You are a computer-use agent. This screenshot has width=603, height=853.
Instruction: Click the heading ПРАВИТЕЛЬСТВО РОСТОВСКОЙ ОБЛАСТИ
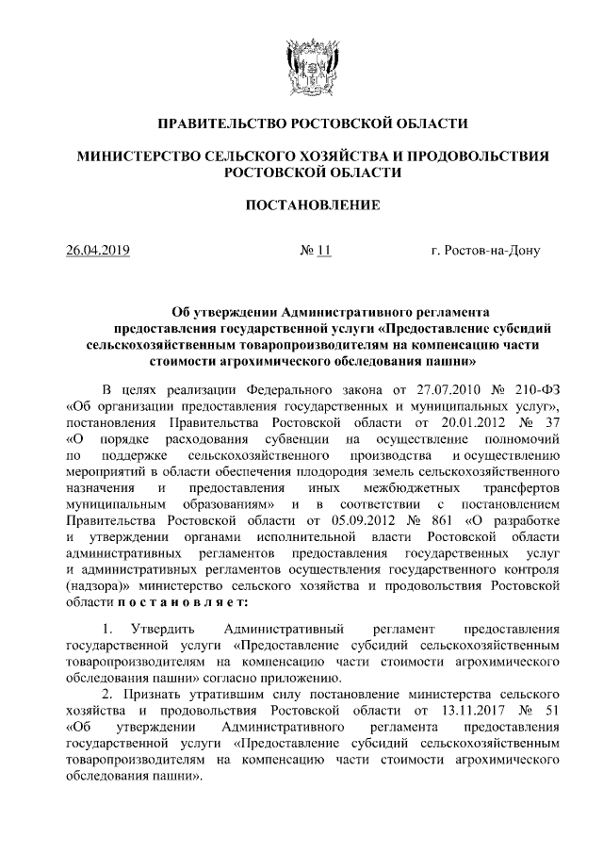click(x=301, y=123)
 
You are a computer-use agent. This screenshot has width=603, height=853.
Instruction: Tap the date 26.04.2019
click(x=98, y=251)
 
